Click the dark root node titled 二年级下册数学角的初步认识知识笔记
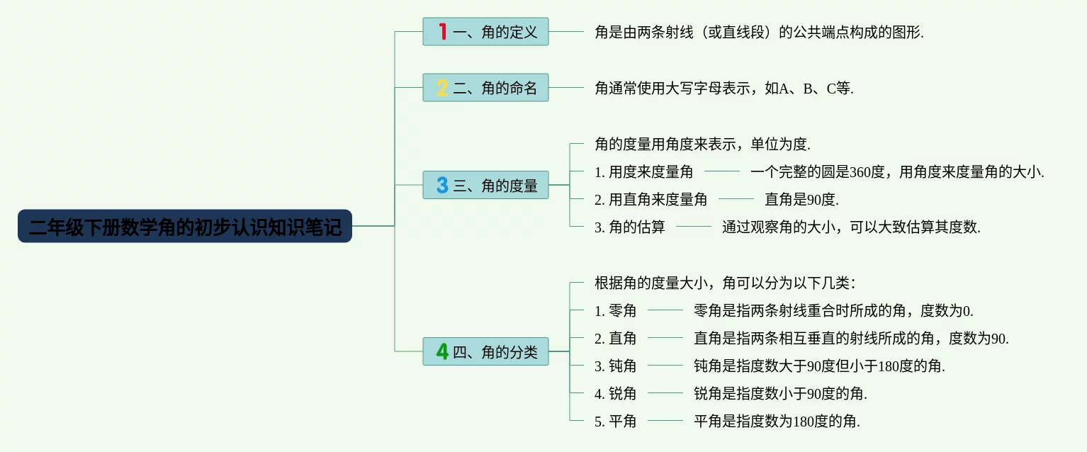tap(184, 226)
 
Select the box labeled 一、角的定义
tap(485, 32)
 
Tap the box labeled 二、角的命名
tap(485, 88)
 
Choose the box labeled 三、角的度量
tap(485, 185)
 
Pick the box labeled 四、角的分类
tap(485, 351)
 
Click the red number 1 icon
tap(443, 32)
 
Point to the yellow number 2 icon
tap(443, 88)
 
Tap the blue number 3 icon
tap(443, 185)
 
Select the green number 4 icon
tap(443, 351)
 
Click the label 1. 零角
tap(615, 310)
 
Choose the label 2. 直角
tap(615, 338)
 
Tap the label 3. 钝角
tap(615, 366)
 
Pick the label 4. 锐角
tap(615, 393)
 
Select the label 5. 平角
tap(615, 421)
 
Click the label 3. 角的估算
tap(629, 227)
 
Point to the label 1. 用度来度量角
tap(643, 171)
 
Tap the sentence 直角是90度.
tap(801, 199)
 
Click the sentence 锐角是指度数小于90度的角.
tap(780, 393)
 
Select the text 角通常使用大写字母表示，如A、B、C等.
tap(724, 88)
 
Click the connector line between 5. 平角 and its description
tap(665, 421)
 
